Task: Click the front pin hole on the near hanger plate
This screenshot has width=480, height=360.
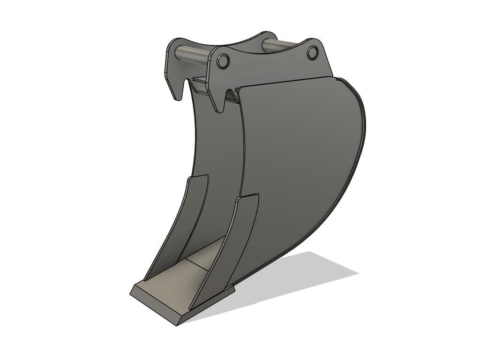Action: (x=223, y=60)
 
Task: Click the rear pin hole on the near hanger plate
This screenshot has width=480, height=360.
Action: (x=313, y=53)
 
